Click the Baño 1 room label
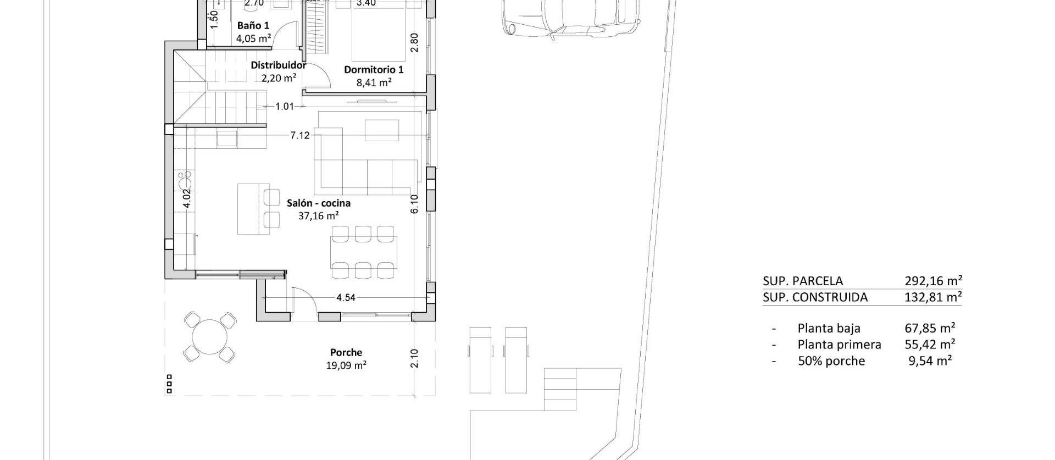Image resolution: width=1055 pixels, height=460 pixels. [253, 26]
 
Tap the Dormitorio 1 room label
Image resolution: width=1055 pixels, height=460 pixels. [374, 70]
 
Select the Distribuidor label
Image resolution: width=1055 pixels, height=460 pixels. [278, 65]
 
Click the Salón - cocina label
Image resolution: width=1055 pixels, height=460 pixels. [319, 203]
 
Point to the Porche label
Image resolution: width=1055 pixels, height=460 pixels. [346, 353]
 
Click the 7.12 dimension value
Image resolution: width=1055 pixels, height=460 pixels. [300, 136]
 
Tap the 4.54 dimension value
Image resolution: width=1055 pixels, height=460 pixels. [346, 298]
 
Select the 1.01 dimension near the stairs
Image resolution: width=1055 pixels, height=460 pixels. [285, 107]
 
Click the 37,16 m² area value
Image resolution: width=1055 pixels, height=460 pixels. [319, 216]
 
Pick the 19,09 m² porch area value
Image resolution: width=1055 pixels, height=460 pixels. [346, 365]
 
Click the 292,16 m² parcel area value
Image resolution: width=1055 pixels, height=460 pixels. [933, 281]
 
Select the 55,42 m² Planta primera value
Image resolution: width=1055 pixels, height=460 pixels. [930, 345]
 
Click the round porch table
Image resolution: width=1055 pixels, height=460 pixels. [209, 336]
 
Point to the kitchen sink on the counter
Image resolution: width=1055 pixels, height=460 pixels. [185, 181]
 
